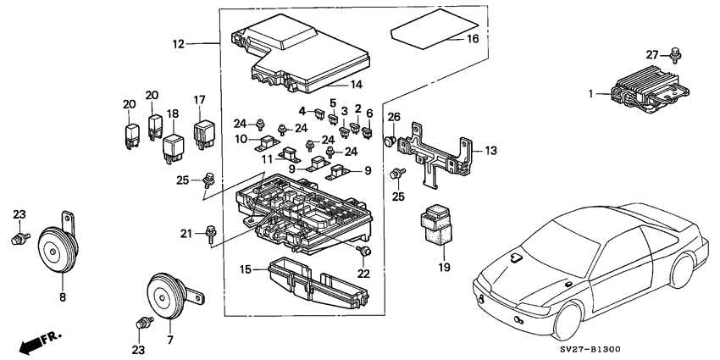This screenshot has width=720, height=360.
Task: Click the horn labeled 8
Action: [57, 248]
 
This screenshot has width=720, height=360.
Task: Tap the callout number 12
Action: [178, 44]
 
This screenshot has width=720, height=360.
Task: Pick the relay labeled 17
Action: [204, 134]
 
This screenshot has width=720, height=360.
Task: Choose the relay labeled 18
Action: [174, 149]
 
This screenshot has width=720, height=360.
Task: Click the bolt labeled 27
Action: [675, 55]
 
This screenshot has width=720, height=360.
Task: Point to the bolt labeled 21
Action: [211, 234]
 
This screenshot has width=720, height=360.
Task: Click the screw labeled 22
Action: [365, 251]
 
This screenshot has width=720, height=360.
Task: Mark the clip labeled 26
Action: [390, 140]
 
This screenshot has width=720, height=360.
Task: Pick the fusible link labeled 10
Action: [266, 142]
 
